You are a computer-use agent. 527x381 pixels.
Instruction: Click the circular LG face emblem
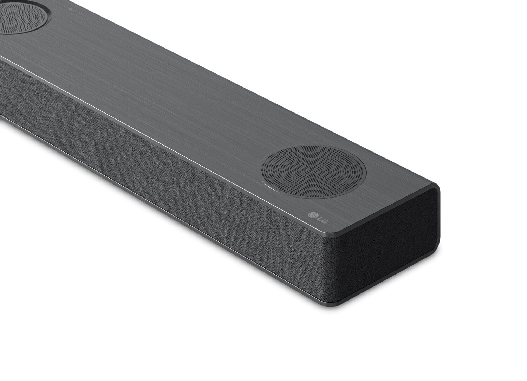pyautogui.click(x=312, y=214)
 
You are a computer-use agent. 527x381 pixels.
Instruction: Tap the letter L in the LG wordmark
pyautogui.click(x=319, y=218)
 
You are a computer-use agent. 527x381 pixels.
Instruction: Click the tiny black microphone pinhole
pyautogui.click(x=72, y=22)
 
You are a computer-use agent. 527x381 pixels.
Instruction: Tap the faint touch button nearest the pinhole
pyautogui.click(x=80, y=14)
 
